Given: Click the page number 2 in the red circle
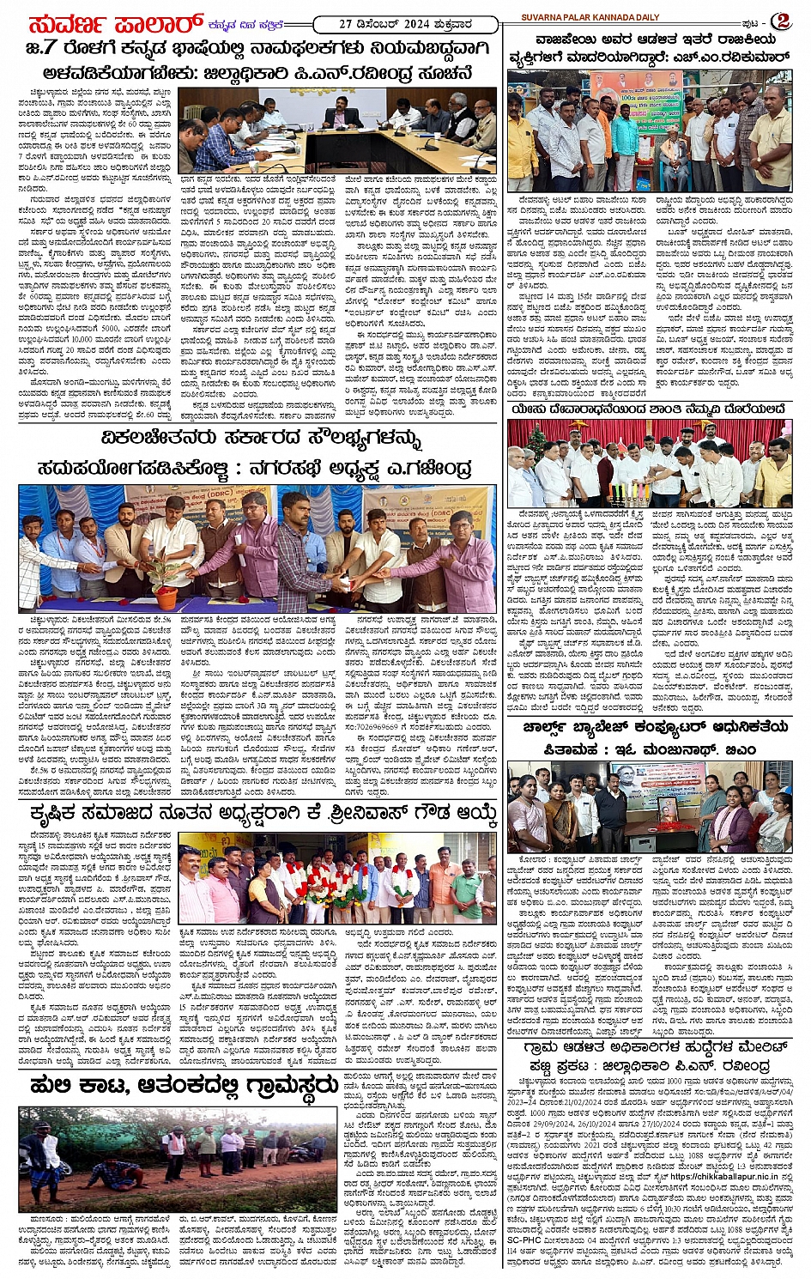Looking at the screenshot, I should point(784,20).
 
